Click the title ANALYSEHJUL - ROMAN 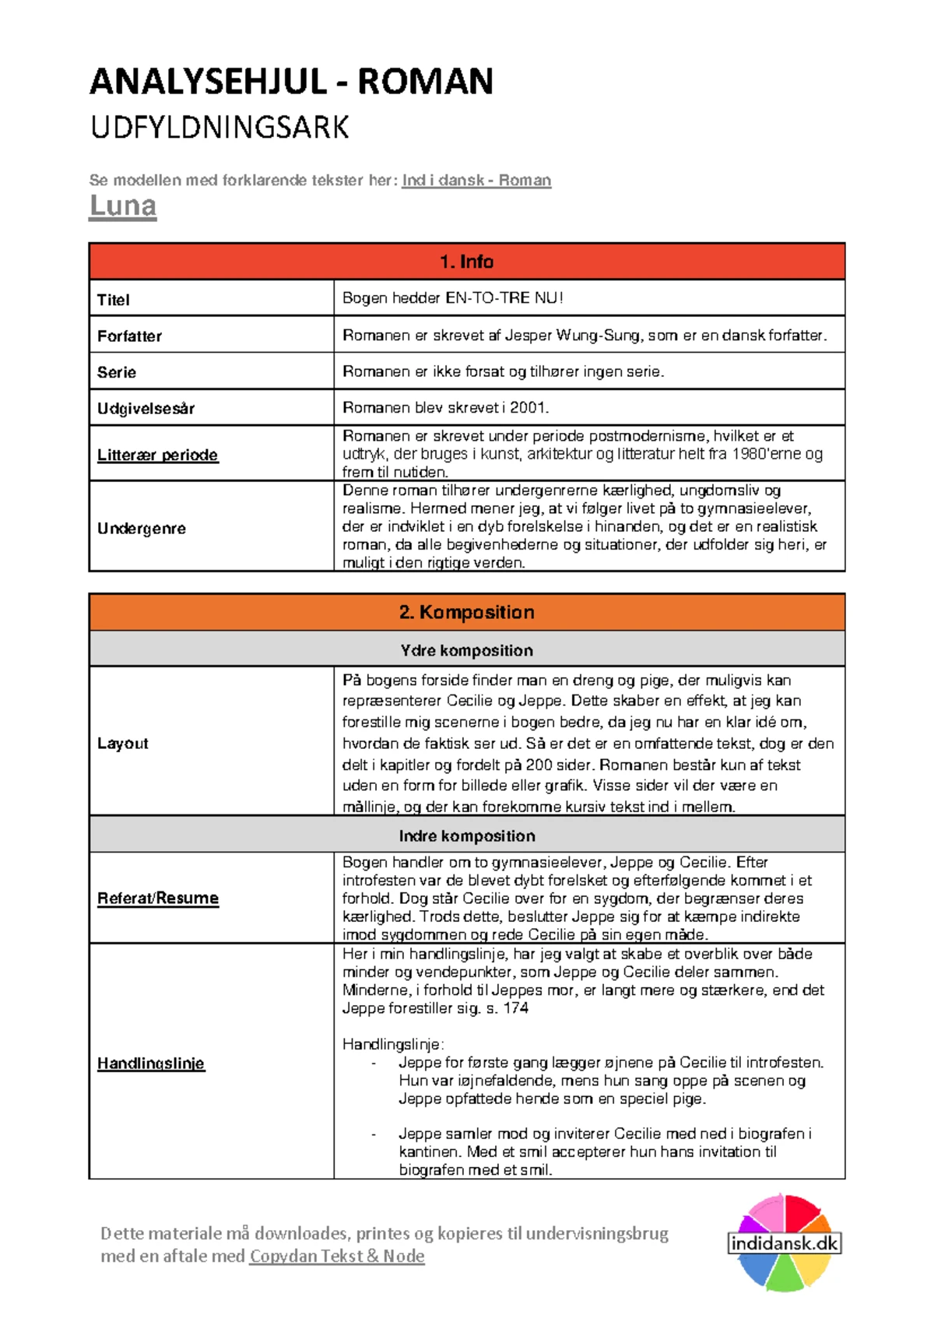pyautogui.click(x=291, y=82)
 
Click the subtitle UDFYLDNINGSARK pyautogui.click(x=219, y=128)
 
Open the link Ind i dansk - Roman pyautogui.click(x=476, y=181)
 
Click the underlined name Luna pyautogui.click(x=123, y=206)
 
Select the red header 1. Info pyautogui.click(x=466, y=262)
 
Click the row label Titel pyautogui.click(x=114, y=300)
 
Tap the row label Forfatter pyautogui.click(x=129, y=336)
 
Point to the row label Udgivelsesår pyautogui.click(x=146, y=409)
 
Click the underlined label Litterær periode pyautogui.click(x=157, y=455)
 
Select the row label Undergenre pyautogui.click(x=142, y=529)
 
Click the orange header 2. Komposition pyautogui.click(x=466, y=613)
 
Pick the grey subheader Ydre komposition pyautogui.click(x=466, y=651)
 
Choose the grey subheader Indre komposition pyautogui.click(x=466, y=836)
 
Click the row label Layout pyautogui.click(x=123, y=744)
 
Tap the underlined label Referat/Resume pyautogui.click(x=157, y=898)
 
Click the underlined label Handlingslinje pyautogui.click(x=151, y=1064)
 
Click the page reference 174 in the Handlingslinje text pyautogui.click(x=515, y=1008)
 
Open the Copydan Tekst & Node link pyautogui.click(x=336, y=1256)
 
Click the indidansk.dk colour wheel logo pyautogui.click(x=784, y=1243)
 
